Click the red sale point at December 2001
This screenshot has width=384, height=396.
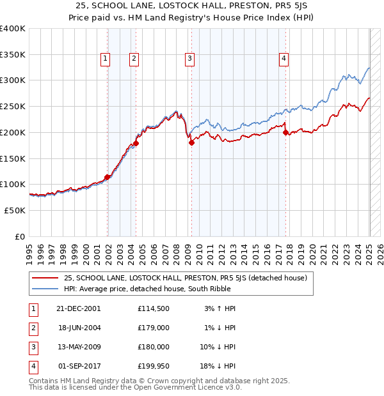tap(107, 177)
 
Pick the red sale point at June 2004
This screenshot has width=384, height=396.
tap(136, 144)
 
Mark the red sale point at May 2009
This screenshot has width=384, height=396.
tap(191, 143)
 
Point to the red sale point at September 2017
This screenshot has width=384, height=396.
tap(285, 133)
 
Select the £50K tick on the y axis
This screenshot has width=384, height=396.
tap(15, 210)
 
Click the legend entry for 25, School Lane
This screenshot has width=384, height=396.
tap(186, 278)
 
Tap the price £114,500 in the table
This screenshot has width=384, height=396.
tap(154, 308)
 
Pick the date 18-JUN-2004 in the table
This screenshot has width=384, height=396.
tap(78, 328)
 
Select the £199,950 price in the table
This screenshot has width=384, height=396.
tap(154, 366)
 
